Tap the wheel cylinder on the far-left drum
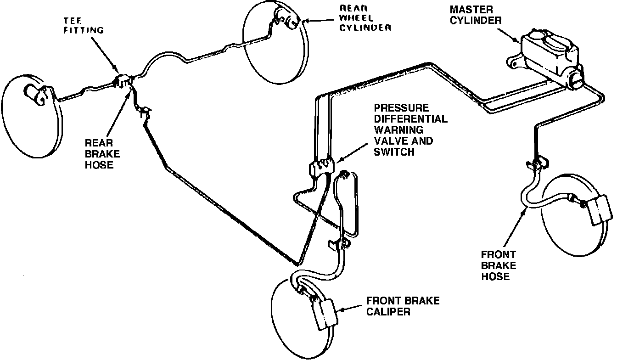click(38, 94)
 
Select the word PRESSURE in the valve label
click(402, 109)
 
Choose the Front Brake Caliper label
click(402, 306)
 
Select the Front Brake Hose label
click(498, 265)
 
